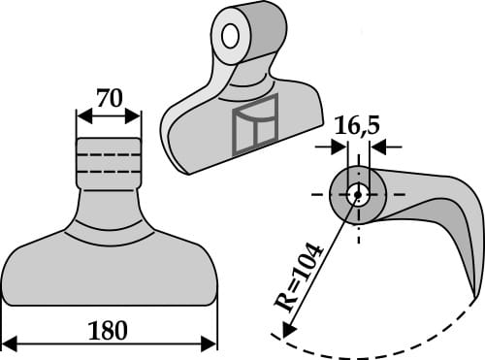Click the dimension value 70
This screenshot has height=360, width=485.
109,98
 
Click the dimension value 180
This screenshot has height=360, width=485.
108,330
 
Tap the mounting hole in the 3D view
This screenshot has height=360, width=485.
231,36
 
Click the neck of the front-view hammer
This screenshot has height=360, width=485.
108,199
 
